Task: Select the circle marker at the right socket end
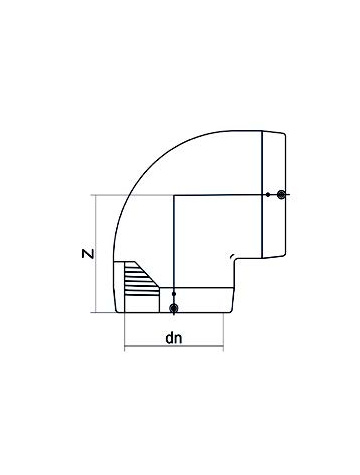[x=283, y=194]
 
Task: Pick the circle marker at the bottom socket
[x=175, y=308]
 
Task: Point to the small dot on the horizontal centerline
[x=269, y=194]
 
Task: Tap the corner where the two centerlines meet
[x=175, y=194]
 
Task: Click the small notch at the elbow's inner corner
[x=233, y=259]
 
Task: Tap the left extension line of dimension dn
[x=123, y=335]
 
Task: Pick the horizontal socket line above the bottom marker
[x=200, y=289]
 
